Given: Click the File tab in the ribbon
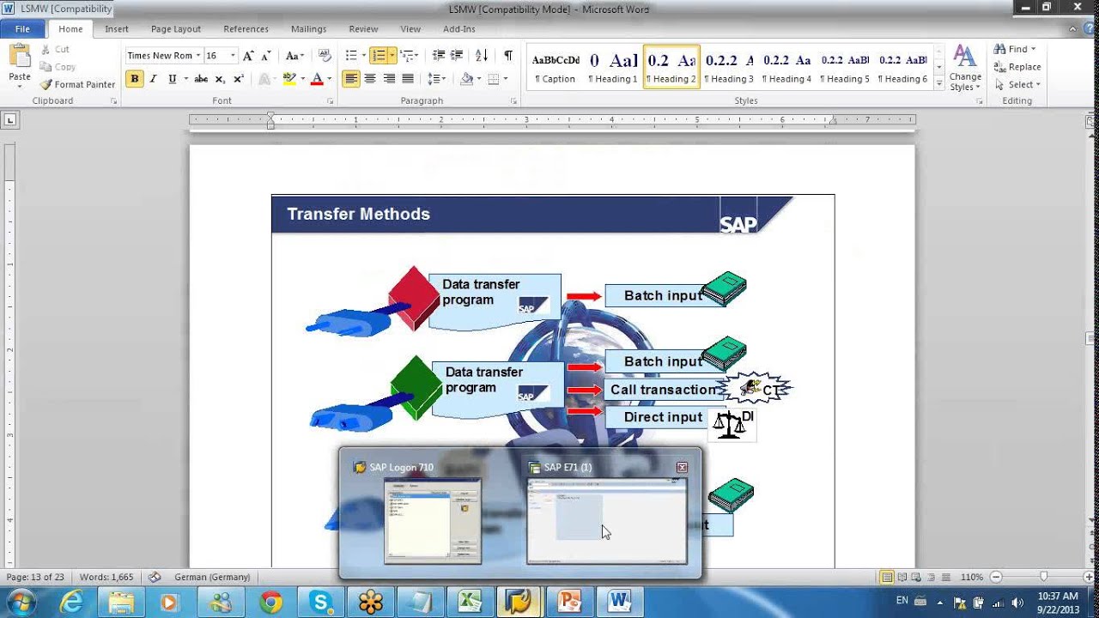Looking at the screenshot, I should click(x=22, y=29).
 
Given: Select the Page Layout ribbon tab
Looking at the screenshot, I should click(x=175, y=29).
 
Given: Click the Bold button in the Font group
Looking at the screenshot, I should click(x=134, y=79).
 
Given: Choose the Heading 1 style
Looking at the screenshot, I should click(x=612, y=68).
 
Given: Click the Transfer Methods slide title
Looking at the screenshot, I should click(x=358, y=215).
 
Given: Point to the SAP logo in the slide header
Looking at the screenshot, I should click(x=738, y=224).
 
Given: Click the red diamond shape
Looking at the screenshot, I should click(x=413, y=297).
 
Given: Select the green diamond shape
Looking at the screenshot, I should click(x=416, y=387).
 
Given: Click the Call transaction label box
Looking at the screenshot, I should click(x=663, y=390).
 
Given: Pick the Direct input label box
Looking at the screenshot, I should click(x=663, y=417).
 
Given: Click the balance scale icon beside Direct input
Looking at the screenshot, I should click(x=729, y=424).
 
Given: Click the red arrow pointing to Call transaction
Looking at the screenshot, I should click(x=585, y=390).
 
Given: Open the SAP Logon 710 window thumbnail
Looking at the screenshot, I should click(x=433, y=520).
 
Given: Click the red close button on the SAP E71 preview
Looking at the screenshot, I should click(x=682, y=468).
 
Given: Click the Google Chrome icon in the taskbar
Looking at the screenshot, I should click(x=270, y=602).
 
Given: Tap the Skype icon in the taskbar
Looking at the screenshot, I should click(x=321, y=602).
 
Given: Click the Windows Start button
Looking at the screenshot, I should click(x=20, y=602).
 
